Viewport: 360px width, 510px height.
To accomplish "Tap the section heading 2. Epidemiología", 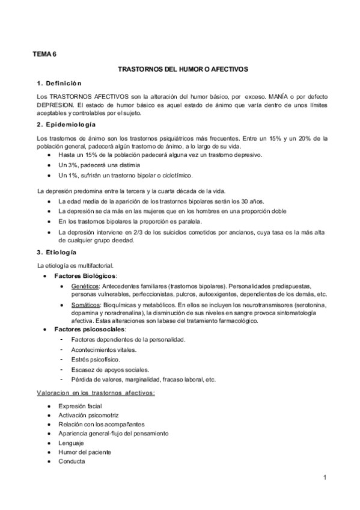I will (66, 124).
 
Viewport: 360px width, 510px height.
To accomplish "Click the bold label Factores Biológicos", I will (82, 275).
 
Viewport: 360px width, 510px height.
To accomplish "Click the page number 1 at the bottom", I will (324, 478).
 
